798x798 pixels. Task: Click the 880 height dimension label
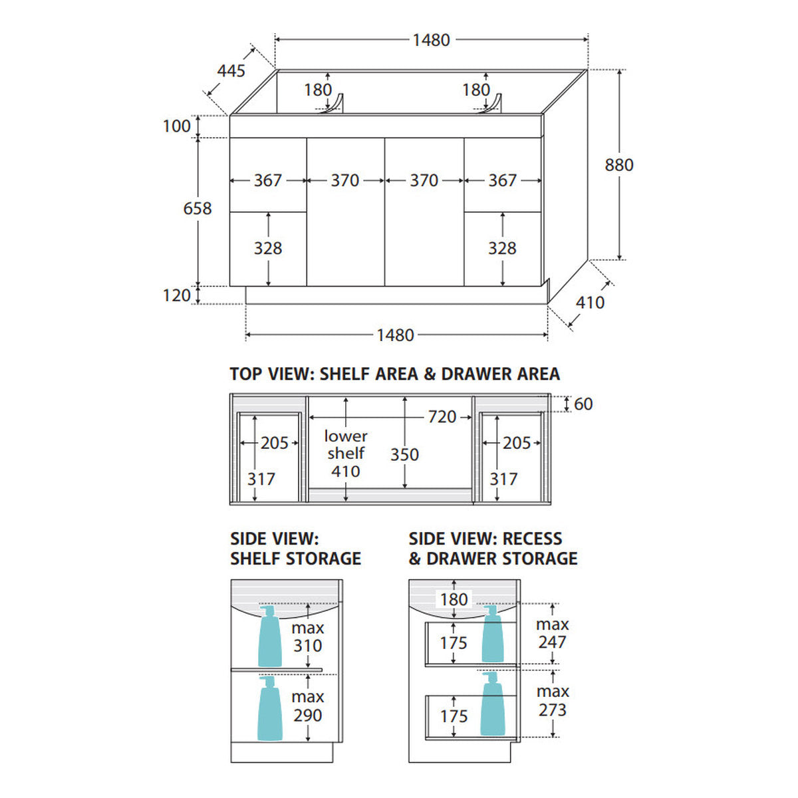[618, 165]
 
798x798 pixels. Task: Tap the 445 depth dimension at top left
[231, 70]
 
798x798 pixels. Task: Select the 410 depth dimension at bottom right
[590, 303]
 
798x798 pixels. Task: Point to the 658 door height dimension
[198, 208]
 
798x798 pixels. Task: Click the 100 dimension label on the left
[177, 126]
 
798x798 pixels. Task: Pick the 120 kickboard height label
[177, 296]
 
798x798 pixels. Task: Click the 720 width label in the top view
[442, 417]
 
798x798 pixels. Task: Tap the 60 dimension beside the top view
[583, 404]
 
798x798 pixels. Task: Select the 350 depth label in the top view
[404, 455]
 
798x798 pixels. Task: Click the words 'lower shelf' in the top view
[346, 444]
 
